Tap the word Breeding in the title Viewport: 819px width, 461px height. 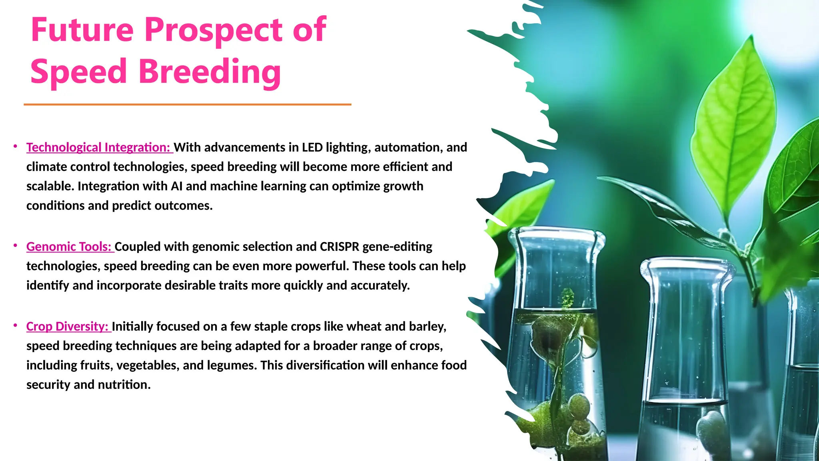[210, 72]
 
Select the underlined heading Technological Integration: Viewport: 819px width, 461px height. [99, 147]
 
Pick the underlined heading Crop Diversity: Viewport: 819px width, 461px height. [68, 327]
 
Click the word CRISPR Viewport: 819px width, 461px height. [340, 247]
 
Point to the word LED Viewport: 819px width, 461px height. [312, 147]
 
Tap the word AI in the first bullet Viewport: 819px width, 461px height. [176, 186]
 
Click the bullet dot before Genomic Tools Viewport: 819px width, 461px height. [15, 245]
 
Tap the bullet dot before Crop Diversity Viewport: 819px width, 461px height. [15, 325]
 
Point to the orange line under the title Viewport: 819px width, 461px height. [187, 104]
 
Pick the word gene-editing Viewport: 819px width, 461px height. [397, 247]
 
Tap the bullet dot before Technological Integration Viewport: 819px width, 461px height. [15, 146]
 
